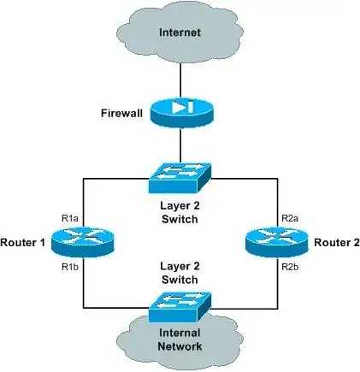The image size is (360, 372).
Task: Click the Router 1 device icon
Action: tap(82, 243)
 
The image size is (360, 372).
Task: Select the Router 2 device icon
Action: tap(273, 243)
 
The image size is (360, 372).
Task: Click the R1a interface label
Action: tap(70, 220)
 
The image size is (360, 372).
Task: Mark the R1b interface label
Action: tap(70, 267)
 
